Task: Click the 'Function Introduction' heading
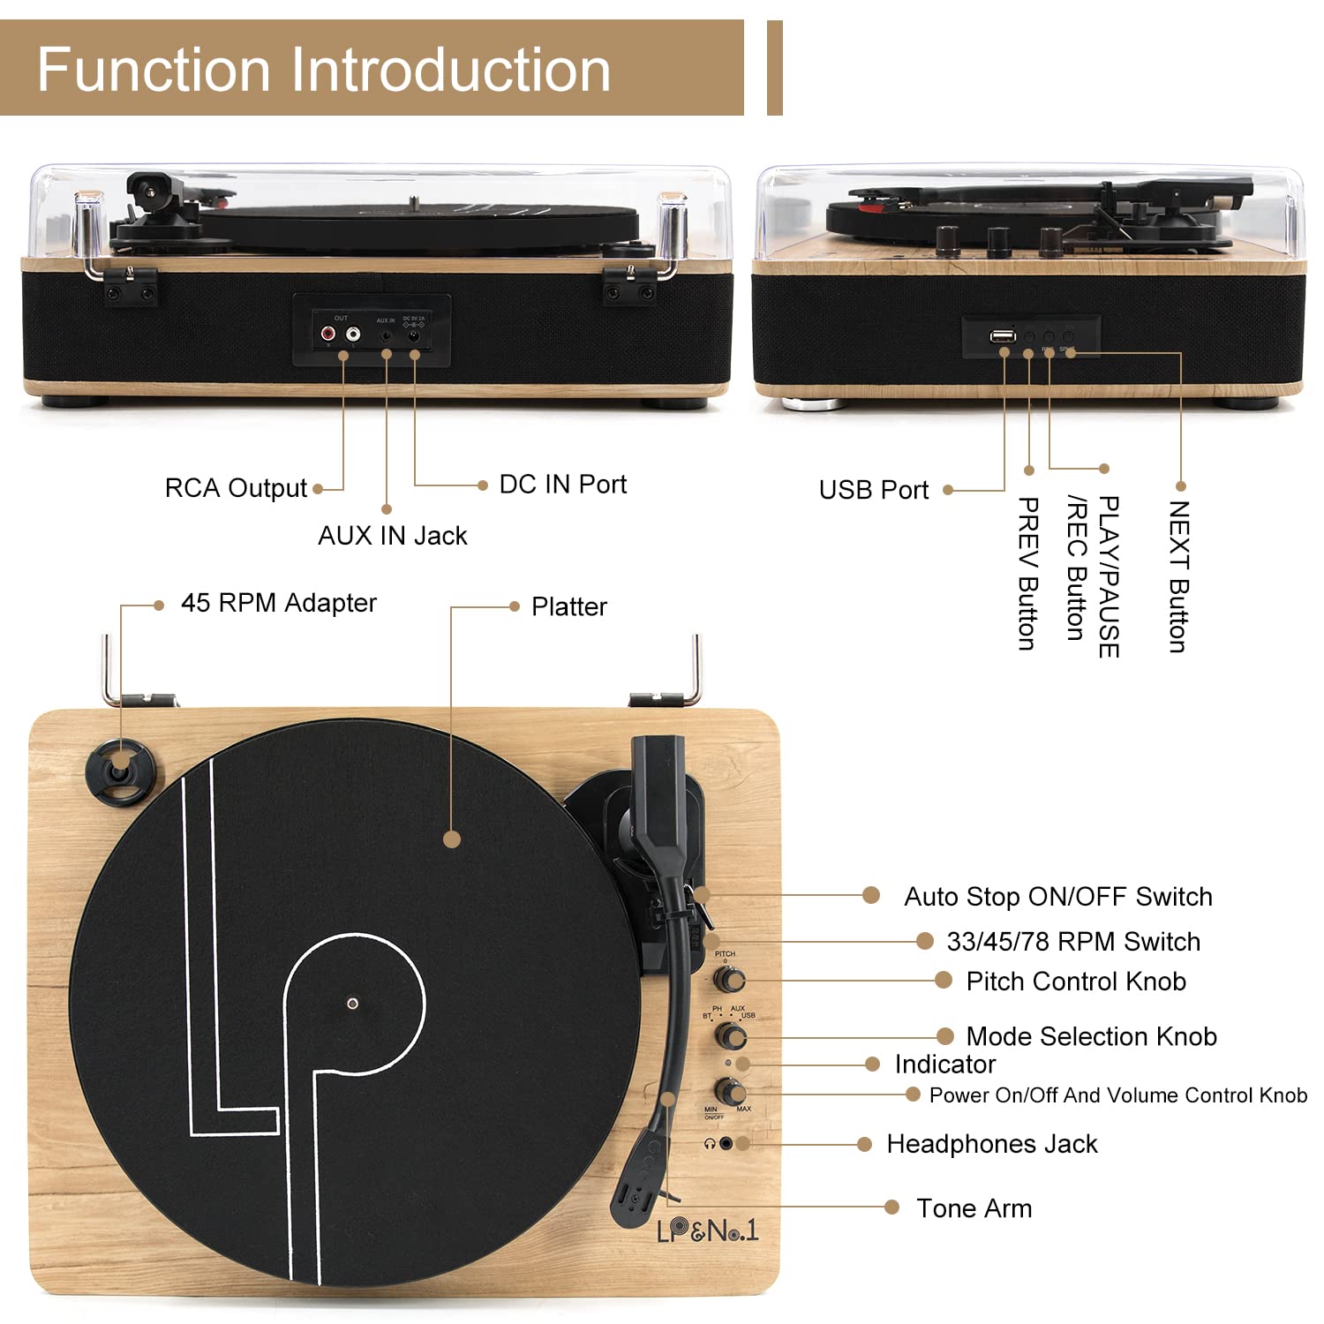pyautogui.click(x=324, y=70)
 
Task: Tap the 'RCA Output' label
pyautogui.click(x=236, y=488)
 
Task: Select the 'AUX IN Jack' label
pyautogui.click(x=392, y=536)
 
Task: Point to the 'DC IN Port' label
pyautogui.click(x=562, y=485)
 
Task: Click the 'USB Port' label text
pyautogui.click(x=873, y=490)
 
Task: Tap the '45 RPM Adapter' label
pyautogui.click(x=278, y=603)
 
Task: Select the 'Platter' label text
pyautogui.click(x=568, y=607)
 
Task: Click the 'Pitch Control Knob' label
pyautogui.click(x=1075, y=982)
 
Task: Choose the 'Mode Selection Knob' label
pyautogui.click(x=1091, y=1036)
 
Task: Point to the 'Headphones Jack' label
pyautogui.click(x=991, y=1144)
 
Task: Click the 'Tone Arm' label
pyautogui.click(x=974, y=1208)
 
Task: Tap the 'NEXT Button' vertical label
pyautogui.click(x=1178, y=576)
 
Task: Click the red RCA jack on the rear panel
pyautogui.click(x=328, y=335)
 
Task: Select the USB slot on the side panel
pyautogui.click(x=1002, y=336)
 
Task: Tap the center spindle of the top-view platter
pyautogui.click(x=352, y=1004)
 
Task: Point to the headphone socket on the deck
pyautogui.click(x=726, y=1143)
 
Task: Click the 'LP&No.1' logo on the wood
pyautogui.click(x=707, y=1230)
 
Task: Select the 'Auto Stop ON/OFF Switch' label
pyautogui.click(x=1057, y=897)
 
